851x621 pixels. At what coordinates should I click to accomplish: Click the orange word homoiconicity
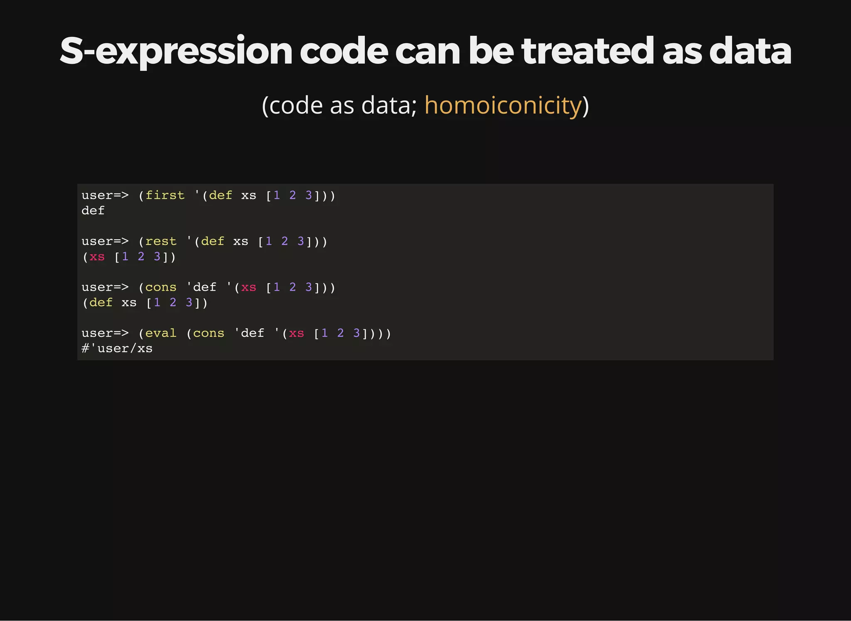pyautogui.click(x=503, y=105)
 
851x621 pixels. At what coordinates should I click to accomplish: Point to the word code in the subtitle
pyautogui.click(x=296, y=106)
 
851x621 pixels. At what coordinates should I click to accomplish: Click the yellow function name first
pyautogui.click(x=165, y=195)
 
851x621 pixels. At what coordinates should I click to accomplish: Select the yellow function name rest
pyautogui.click(x=161, y=241)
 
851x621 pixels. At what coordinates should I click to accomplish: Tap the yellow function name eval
pyautogui.click(x=161, y=333)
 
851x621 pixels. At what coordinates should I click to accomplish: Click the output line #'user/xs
pyautogui.click(x=117, y=348)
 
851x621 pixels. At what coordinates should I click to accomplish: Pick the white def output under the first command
pyautogui.click(x=93, y=210)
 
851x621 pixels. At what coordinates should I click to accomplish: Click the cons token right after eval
pyautogui.click(x=209, y=333)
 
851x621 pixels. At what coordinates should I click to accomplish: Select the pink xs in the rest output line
pyautogui.click(x=97, y=256)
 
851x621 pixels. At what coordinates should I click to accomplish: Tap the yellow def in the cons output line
pyautogui.click(x=101, y=302)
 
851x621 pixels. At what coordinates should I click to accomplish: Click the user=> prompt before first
pyautogui.click(x=105, y=195)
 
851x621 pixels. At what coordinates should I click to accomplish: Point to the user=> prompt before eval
pyautogui.click(x=105, y=333)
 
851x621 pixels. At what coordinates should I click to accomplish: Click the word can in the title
pyautogui.click(x=428, y=52)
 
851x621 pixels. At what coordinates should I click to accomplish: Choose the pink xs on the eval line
pyautogui.click(x=296, y=333)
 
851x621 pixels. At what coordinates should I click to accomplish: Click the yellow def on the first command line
pyautogui.click(x=221, y=195)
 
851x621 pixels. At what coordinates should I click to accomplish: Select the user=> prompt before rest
pyautogui.click(x=105, y=241)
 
